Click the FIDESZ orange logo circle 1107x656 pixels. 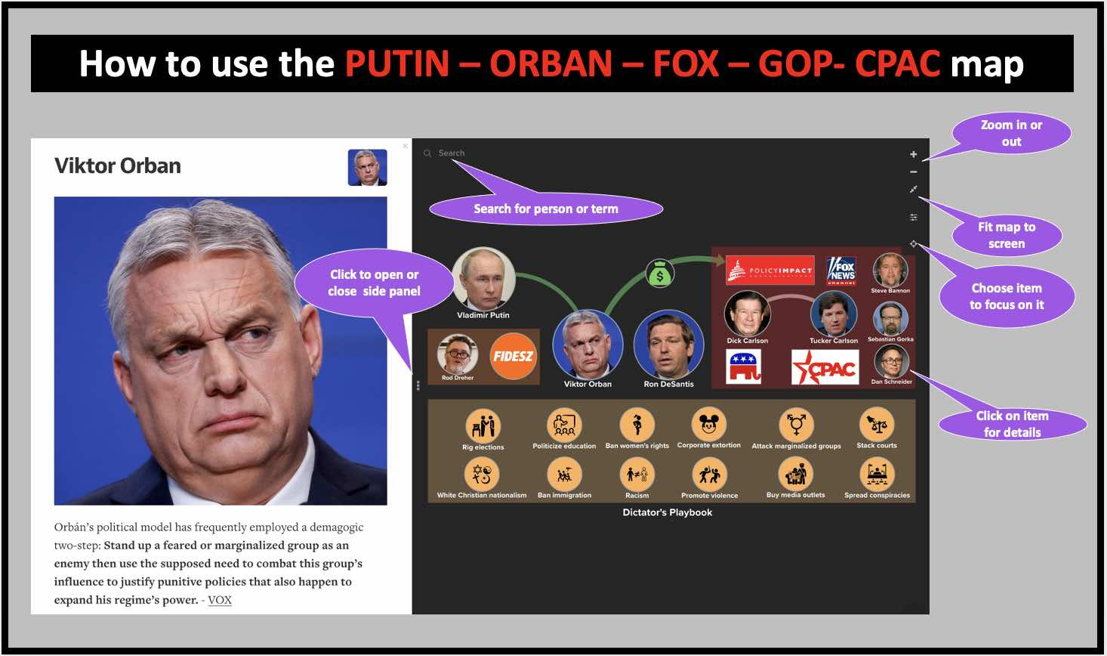(x=513, y=356)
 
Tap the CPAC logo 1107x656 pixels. (x=825, y=367)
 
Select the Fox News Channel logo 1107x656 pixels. (x=841, y=271)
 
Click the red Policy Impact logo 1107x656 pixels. (x=769, y=270)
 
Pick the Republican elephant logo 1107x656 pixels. (x=743, y=367)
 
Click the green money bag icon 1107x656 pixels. (x=660, y=274)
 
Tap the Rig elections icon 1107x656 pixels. (x=483, y=426)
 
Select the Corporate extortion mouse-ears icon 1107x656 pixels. (x=709, y=424)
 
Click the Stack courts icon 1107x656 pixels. (x=877, y=425)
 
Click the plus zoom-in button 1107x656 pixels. (x=913, y=154)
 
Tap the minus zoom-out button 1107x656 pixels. (x=913, y=172)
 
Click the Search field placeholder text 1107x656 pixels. (x=452, y=153)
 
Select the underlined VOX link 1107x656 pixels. (x=220, y=600)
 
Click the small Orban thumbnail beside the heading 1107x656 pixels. (x=367, y=167)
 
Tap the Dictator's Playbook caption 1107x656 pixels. (x=668, y=512)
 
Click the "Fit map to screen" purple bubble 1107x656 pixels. (x=1007, y=235)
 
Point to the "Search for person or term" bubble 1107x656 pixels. (x=546, y=209)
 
